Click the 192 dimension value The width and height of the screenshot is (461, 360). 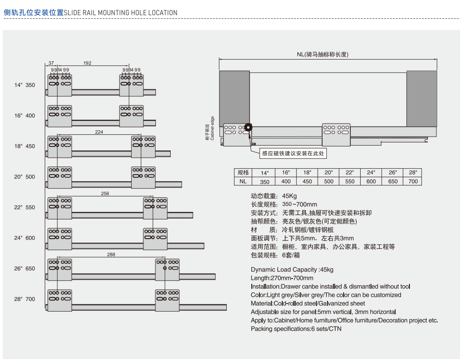(x=87, y=63)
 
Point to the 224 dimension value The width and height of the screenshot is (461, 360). (x=99, y=132)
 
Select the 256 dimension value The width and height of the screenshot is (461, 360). (x=105, y=193)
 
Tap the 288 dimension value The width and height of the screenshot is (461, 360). (x=111, y=254)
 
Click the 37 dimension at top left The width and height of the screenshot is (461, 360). (x=51, y=63)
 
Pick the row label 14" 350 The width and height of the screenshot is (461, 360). (x=24, y=85)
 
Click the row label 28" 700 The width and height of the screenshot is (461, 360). (x=24, y=299)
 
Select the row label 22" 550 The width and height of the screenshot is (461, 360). (x=24, y=207)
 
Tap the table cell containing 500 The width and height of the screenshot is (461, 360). (x=329, y=181)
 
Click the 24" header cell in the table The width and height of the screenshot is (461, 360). (x=371, y=172)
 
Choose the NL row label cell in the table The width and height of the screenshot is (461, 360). (x=243, y=181)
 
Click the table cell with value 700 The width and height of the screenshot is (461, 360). (x=413, y=181)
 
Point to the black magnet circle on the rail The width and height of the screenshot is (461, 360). (x=248, y=128)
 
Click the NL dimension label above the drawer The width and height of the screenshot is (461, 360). (x=328, y=55)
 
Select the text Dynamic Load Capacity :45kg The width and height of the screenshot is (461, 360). (x=292, y=270)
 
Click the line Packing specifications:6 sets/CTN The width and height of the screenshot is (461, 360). (x=296, y=329)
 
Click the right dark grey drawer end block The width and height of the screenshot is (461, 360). (x=421, y=98)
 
